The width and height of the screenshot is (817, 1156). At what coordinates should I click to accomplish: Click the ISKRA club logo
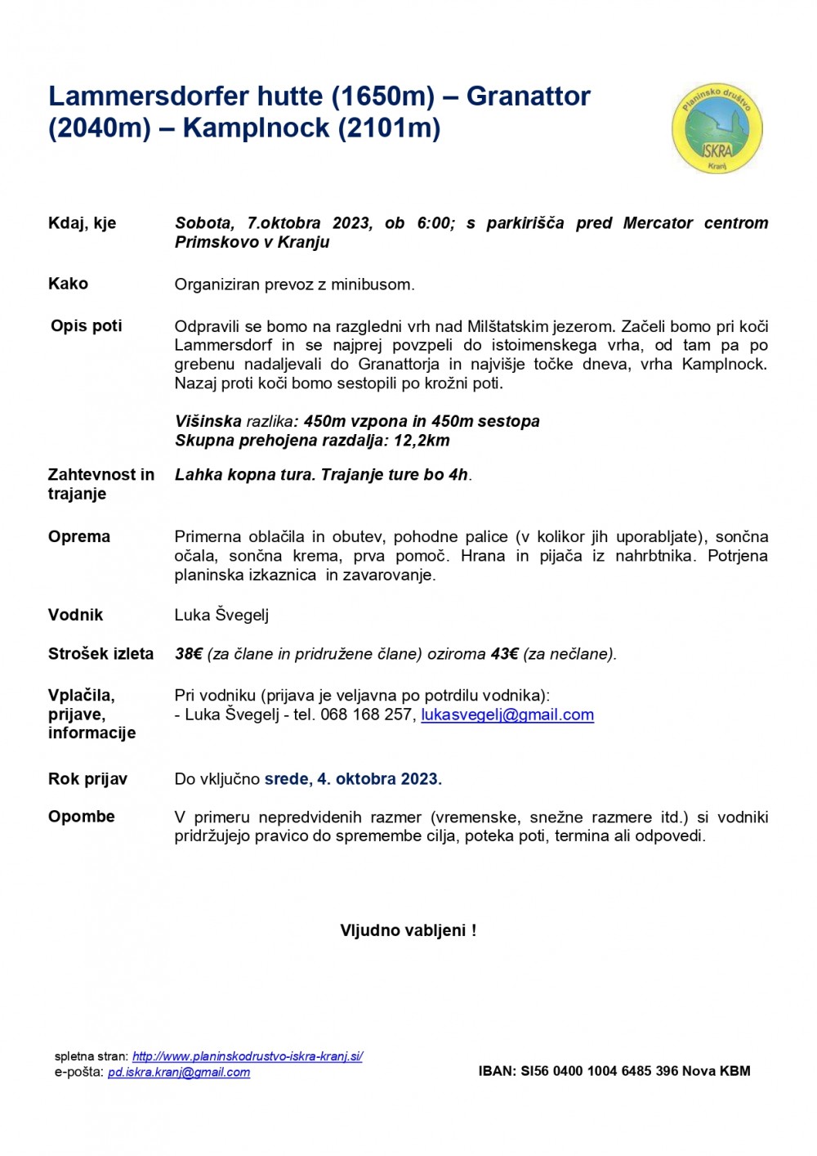[717, 129]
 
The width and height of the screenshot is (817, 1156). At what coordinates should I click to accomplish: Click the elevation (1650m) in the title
[382, 96]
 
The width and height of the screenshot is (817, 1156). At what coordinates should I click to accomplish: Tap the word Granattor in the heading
[528, 96]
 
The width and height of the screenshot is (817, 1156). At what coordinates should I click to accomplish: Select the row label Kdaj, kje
[82, 223]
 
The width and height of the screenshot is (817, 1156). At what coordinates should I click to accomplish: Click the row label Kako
[68, 284]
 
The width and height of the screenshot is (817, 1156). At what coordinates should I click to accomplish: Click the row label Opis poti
[86, 325]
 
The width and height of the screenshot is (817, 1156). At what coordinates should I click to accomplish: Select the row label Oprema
[78, 536]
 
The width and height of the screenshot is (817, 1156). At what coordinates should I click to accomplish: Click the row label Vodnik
[75, 615]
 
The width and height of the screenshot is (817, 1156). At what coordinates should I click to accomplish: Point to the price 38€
[189, 654]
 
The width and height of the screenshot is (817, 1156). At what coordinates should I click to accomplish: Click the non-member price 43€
[504, 654]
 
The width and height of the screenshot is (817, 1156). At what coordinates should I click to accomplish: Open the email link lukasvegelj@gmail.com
[507, 715]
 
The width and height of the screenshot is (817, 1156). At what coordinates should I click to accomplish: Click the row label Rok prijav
[87, 779]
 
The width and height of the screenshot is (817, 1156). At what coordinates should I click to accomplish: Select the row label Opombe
[81, 817]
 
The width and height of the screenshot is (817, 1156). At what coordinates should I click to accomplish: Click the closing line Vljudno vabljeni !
[408, 930]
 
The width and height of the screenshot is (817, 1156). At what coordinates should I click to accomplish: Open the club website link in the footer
[247, 1056]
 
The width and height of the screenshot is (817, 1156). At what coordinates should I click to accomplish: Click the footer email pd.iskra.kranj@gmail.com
[179, 1073]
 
